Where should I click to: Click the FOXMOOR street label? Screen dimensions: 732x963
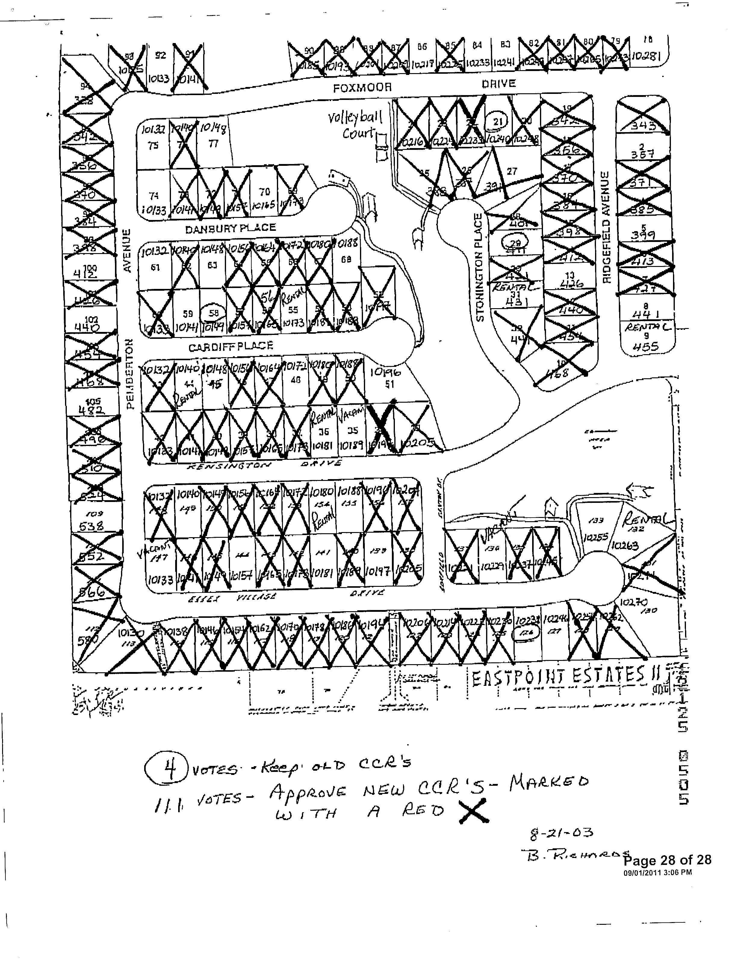tap(362, 88)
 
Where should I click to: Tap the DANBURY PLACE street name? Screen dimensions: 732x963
tap(231, 228)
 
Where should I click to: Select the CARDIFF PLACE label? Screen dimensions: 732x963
tap(231, 347)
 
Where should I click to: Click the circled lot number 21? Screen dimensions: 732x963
tap(498, 122)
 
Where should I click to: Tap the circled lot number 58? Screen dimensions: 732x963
tap(213, 313)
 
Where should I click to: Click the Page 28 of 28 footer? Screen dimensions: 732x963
tap(668, 860)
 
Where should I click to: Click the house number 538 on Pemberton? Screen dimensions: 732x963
tap(91, 526)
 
